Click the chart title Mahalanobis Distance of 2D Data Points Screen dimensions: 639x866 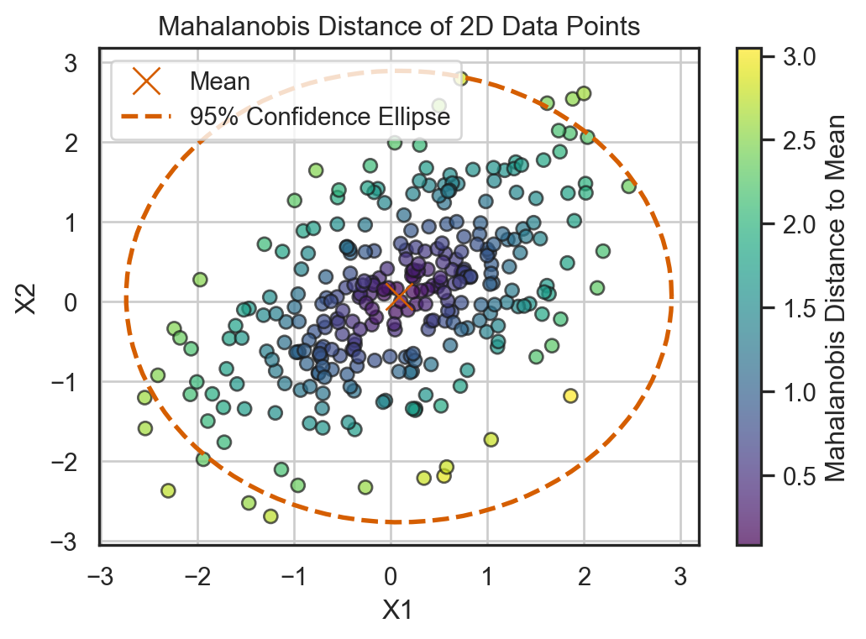pyautogui.click(x=399, y=27)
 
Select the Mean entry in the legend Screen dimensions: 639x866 pyautogui.click(x=219, y=81)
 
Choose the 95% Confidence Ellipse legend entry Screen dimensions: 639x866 pyautogui.click(x=320, y=118)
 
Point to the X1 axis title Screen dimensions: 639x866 pyautogui.click(x=399, y=610)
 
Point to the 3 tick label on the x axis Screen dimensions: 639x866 pyautogui.click(x=680, y=578)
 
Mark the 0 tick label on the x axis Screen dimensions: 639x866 pyautogui.click(x=391, y=578)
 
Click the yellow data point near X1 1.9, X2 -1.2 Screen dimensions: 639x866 pyautogui.click(x=571, y=395)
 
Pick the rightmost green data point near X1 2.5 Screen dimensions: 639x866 pyautogui.click(x=629, y=186)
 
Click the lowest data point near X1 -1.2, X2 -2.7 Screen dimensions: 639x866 pyautogui.click(x=270, y=516)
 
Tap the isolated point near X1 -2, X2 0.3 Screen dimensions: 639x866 pyautogui.click(x=200, y=280)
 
